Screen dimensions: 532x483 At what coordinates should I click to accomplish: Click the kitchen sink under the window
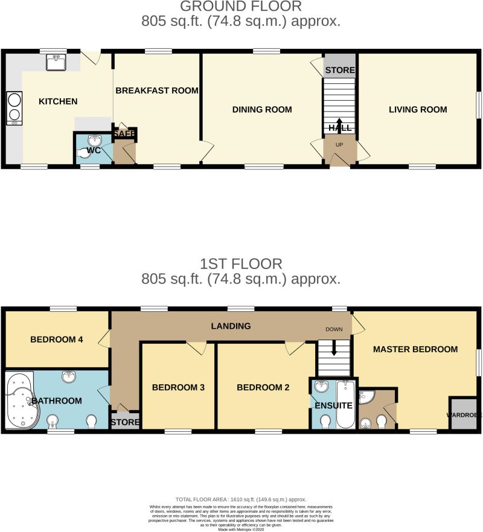[x=57, y=62]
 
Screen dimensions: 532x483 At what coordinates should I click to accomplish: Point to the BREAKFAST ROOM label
[x=157, y=91]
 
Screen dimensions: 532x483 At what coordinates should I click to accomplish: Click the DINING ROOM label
[x=262, y=110]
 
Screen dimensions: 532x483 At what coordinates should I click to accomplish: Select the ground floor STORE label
[x=340, y=71]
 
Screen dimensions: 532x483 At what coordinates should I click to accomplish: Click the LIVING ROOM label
[x=418, y=110]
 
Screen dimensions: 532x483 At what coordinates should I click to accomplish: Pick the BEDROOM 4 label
[x=56, y=340]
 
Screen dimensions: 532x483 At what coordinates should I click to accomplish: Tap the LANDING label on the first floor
[x=231, y=326]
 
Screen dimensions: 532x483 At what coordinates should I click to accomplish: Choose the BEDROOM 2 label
[x=263, y=388]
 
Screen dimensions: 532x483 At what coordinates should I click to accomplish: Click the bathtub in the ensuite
[x=346, y=404]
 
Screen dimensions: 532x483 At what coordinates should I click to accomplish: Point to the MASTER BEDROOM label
[x=415, y=349]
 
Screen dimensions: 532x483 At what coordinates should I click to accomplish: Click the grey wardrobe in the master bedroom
[x=463, y=414]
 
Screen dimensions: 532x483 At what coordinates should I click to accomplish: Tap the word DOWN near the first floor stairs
[x=334, y=330]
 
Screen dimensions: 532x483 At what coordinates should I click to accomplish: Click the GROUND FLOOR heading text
[x=241, y=7]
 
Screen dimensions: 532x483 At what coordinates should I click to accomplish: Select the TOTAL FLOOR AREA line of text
[x=241, y=500]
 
